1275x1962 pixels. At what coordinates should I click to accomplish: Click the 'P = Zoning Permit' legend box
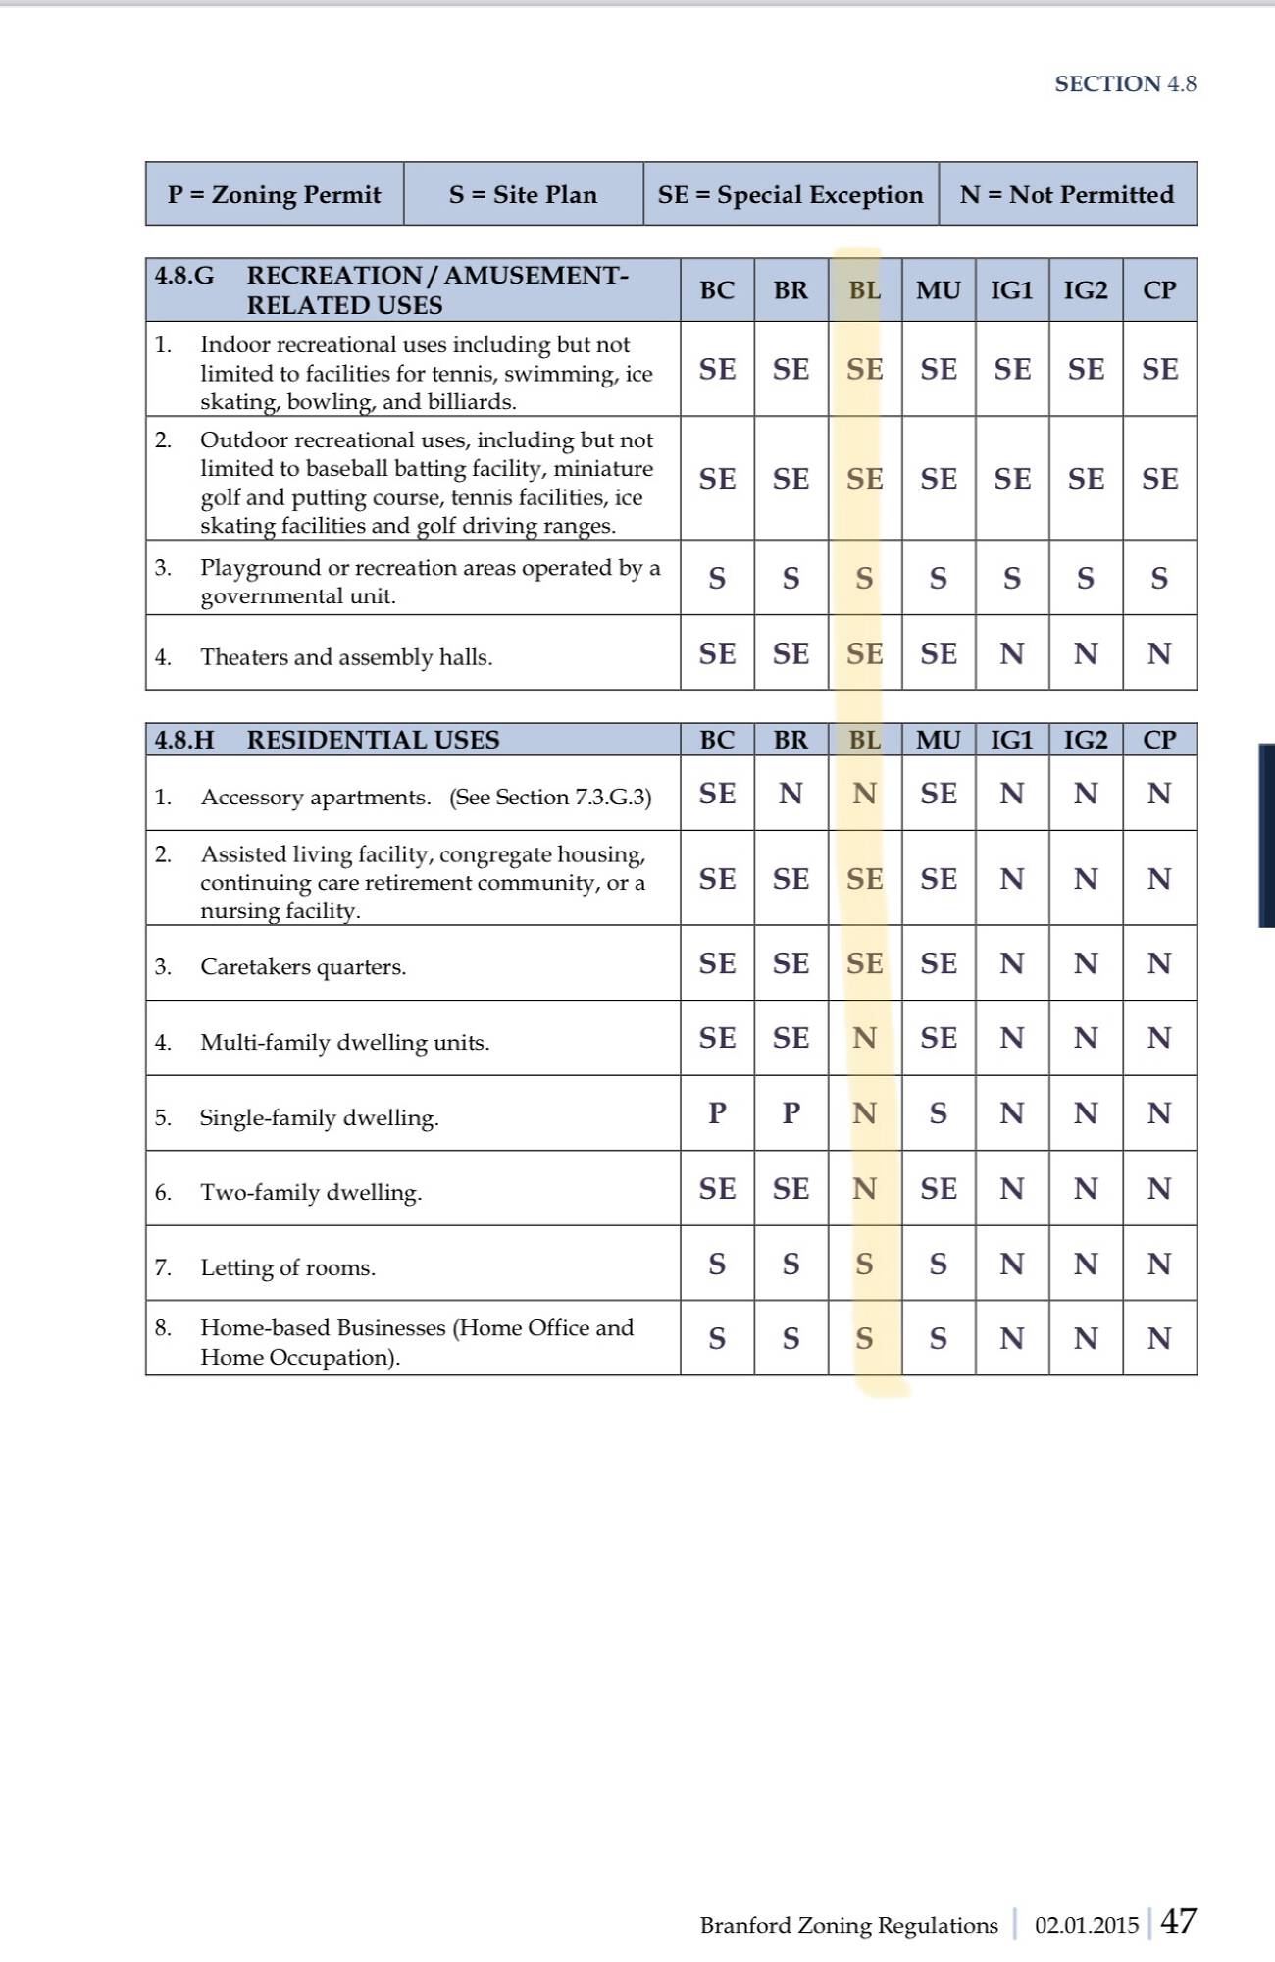(274, 194)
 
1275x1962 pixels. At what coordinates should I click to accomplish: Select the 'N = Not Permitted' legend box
(1067, 194)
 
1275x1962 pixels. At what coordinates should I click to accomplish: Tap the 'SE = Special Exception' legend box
(790, 194)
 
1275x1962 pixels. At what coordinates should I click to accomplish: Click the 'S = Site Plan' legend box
(523, 194)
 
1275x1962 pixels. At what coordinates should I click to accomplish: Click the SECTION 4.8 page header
(1125, 84)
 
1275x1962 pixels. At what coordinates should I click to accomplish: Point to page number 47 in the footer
(1178, 1920)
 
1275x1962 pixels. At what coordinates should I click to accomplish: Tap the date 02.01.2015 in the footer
(1087, 1925)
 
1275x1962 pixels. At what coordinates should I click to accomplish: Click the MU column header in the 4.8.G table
(939, 290)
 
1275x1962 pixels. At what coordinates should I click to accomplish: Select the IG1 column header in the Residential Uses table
(1012, 740)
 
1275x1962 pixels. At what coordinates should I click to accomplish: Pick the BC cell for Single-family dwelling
(717, 1112)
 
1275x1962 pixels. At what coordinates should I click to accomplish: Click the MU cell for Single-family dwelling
(939, 1112)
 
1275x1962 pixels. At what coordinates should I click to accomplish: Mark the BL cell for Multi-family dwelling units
(864, 1038)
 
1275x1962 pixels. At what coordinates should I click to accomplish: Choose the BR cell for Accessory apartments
(790, 794)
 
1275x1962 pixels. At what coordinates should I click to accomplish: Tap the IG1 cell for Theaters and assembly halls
(1012, 653)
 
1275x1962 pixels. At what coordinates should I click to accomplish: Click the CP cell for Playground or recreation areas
(1159, 578)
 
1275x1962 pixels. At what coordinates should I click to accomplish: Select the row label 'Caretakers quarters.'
(303, 967)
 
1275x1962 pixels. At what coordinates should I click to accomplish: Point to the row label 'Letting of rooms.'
(288, 1267)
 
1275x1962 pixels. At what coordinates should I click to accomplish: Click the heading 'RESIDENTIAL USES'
(373, 740)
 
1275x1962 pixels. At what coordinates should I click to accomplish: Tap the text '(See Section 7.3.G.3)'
(550, 797)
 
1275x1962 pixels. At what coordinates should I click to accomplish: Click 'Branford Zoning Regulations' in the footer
(848, 1925)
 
